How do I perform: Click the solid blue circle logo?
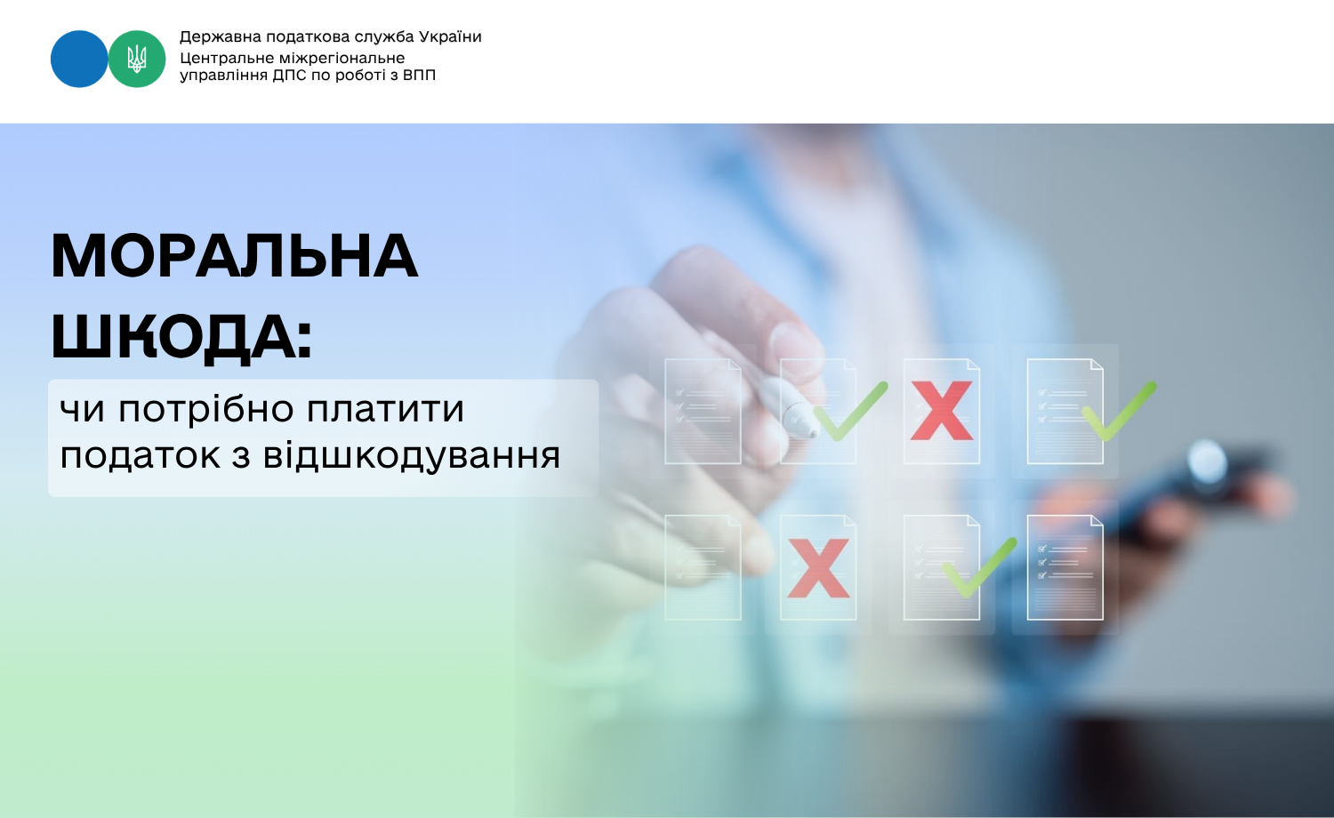coord(79,59)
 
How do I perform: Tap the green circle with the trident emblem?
coord(137,59)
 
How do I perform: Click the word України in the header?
coord(450,37)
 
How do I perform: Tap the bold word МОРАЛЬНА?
coord(235,256)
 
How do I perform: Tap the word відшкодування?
coord(412,456)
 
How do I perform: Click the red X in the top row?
coord(942,411)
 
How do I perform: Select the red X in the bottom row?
coord(818,568)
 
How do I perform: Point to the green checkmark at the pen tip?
coord(850,412)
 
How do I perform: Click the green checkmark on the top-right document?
coord(1119,412)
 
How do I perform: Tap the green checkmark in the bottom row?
coord(980,568)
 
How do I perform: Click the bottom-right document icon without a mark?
coord(1065,567)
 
